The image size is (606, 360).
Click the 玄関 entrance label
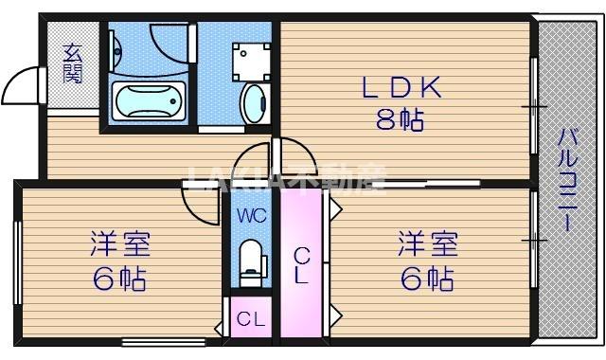[72, 63]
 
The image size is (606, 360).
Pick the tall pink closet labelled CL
[301, 265]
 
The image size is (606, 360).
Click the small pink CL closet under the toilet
[250, 319]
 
